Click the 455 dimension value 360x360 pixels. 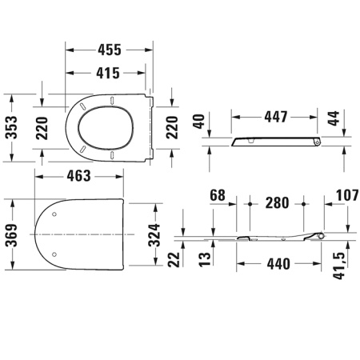(106, 50)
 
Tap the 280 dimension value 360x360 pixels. (276, 203)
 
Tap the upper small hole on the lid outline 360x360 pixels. (53, 214)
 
